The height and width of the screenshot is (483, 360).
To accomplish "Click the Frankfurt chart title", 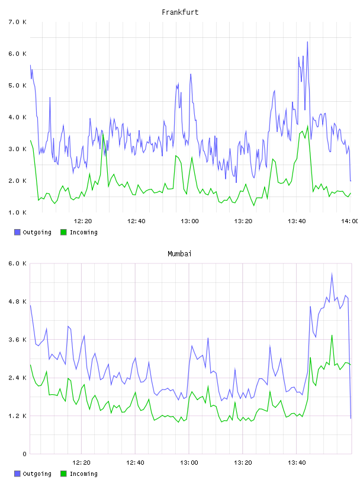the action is pyautogui.click(x=180, y=12).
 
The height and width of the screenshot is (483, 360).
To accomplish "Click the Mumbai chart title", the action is pyautogui.click(x=179, y=254).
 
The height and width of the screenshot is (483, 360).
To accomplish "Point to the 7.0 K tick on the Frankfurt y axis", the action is pyautogui.click(x=18, y=22).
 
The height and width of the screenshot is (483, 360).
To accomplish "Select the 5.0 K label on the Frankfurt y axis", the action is pyautogui.click(x=18, y=85).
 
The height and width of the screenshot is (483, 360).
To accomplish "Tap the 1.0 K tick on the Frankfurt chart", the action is pyautogui.click(x=18, y=212).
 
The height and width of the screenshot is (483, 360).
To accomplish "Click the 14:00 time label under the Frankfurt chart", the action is pyautogui.click(x=350, y=221).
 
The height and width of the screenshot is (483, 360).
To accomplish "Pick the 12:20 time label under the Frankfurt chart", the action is pyautogui.click(x=83, y=221).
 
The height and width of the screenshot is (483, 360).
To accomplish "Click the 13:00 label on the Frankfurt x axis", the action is pyautogui.click(x=189, y=221).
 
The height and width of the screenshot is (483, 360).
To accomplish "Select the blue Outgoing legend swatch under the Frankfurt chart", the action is pyautogui.click(x=17, y=232).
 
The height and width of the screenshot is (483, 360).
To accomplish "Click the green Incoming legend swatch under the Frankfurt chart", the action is pyautogui.click(x=63, y=232).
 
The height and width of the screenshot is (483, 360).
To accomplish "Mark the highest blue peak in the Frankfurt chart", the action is pyautogui.click(x=307, y=42).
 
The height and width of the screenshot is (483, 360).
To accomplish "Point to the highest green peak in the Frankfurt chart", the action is pyautogui.click(x=307, y=126).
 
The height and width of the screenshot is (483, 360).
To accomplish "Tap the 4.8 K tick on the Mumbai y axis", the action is pyautogui.click(x=18, y=301).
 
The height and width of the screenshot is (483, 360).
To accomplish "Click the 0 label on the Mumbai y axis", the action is pyautogui.click(x=24, y=454).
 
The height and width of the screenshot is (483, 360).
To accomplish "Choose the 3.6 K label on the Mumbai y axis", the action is pyautogui.click(x=18, y=340).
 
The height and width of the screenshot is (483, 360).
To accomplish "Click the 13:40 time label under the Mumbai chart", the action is pyautogui.click(x=297, y=463).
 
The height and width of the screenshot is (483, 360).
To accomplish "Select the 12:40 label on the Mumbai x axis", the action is pyautogui.click(x=135, y=463).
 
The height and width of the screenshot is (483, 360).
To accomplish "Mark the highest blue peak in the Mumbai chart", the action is pyautogui.click(x=332, y=273).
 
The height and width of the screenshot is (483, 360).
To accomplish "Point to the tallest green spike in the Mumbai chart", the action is pyautogui.click(x=332, y=336).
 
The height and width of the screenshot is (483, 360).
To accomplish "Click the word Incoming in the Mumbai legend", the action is pyautogui.click(x=83, y=474).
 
